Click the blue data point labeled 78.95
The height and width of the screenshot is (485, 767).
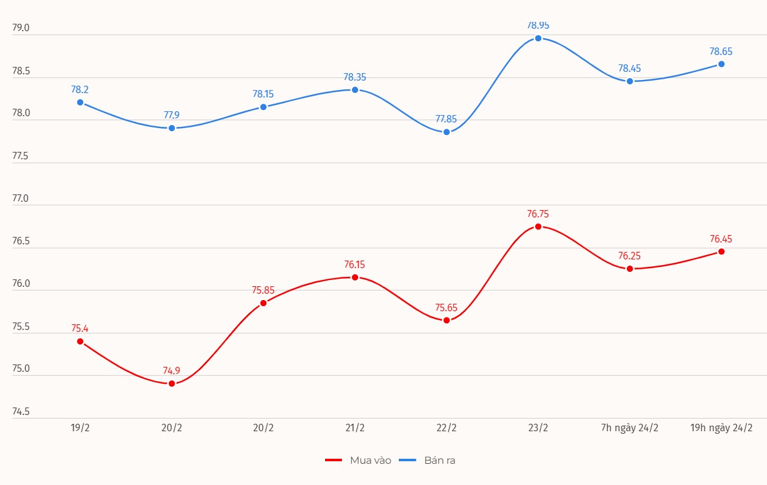click(538, 38)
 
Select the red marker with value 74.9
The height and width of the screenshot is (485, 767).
click(172, 383)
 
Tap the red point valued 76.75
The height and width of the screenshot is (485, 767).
click(538, 226)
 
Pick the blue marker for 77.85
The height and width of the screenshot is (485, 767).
click(446, 132)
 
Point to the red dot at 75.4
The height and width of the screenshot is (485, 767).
click(80, 341)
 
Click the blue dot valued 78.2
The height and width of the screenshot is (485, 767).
click(80, 102)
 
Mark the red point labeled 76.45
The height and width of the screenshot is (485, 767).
click(721, 251)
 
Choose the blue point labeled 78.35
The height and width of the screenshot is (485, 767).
click(355, 89)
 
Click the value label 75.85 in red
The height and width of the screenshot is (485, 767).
click(263, 290)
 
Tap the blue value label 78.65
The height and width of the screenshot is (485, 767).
click(721, 51)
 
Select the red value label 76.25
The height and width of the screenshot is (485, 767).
click(629, 256)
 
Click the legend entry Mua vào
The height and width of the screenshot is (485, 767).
click(359, 460)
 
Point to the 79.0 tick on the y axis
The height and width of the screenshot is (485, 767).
click(21, 28)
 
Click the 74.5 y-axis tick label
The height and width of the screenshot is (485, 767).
click(21, 412)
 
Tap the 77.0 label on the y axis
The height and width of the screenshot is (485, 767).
click(21, 199)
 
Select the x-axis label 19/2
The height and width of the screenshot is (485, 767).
click(80, 428)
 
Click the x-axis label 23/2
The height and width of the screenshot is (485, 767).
click(538, 428)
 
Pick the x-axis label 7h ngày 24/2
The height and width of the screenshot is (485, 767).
click(629, 428)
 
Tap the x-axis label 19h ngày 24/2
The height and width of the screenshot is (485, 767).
click(721, 428)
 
